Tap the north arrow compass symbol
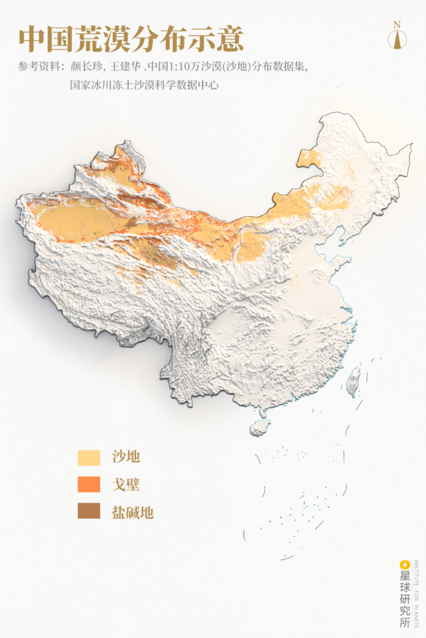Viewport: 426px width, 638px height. coord(397,38)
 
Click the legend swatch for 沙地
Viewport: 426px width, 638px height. coord(89,457)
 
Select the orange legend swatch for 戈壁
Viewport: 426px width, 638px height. coord(89,485)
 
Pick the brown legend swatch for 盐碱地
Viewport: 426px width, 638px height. coord(89,512)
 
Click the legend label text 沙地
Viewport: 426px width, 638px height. coord(126,457)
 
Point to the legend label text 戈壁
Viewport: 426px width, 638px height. coord(126,485)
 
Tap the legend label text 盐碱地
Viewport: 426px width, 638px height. coord(133,512)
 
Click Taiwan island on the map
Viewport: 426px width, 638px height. coord(353,381)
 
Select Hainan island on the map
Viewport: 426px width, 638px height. coord(260,426)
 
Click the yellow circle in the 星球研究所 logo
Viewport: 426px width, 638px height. coord(404,565)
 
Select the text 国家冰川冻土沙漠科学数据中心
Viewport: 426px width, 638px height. coord(144,84)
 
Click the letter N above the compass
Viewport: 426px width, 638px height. coord(397,25)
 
